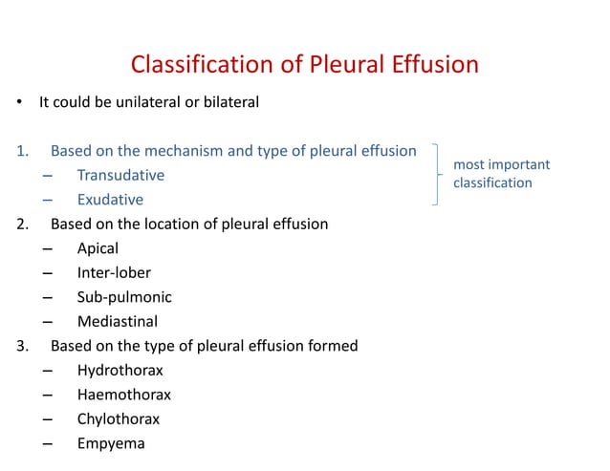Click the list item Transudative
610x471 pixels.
120,176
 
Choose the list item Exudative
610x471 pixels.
110,200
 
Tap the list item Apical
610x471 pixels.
98,248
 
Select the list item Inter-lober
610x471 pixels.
114,273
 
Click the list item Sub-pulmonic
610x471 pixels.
124,297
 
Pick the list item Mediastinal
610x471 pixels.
117,321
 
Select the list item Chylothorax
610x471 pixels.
119,418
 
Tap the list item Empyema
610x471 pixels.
111,442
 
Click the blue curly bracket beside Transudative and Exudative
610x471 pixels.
438,175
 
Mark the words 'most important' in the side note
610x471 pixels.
501,165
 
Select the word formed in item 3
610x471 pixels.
335,346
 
